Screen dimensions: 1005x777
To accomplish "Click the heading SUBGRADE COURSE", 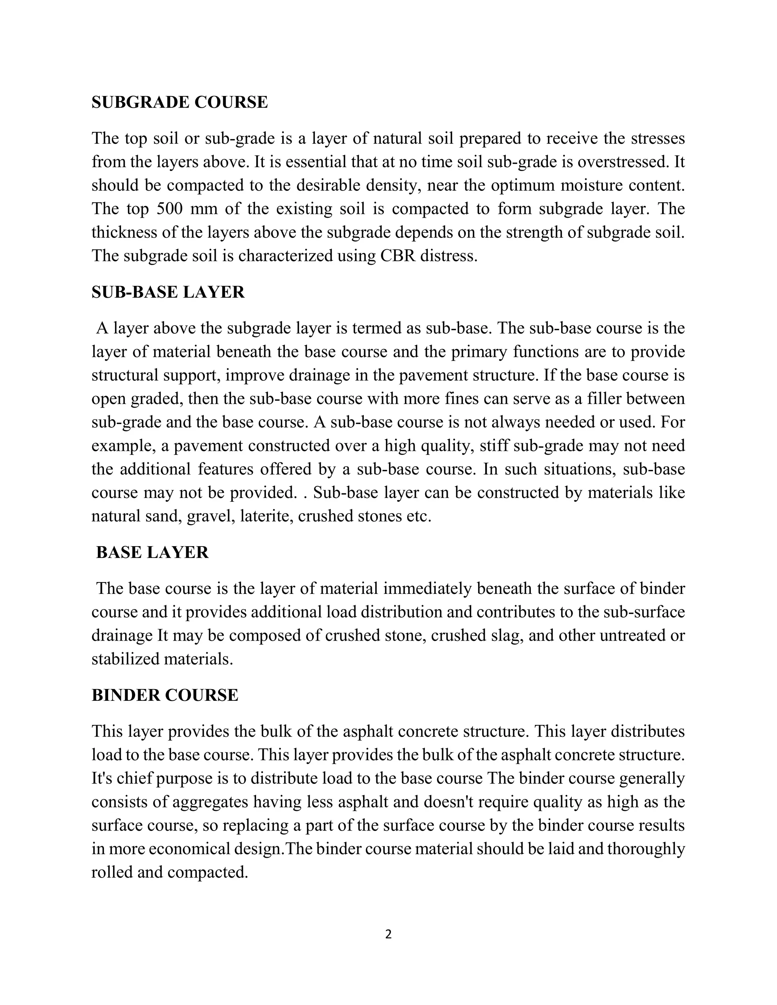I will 179,102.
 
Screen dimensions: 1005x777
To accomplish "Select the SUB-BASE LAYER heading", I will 168,292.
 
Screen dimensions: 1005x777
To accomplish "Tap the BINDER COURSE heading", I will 165,695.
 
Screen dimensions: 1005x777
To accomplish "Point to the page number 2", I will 388,934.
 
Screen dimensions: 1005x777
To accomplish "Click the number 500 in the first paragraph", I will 170,209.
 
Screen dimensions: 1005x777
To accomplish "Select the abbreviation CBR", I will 397,256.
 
